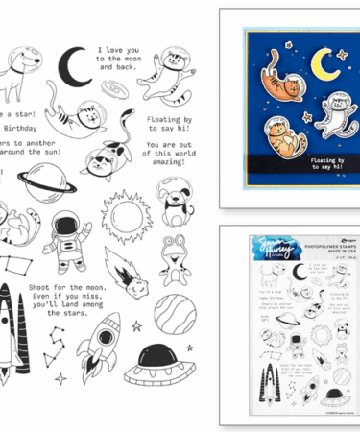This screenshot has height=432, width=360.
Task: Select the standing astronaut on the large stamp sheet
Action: [x=65, y=233]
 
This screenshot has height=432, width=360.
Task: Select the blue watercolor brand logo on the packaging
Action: [x=269, y=248]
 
